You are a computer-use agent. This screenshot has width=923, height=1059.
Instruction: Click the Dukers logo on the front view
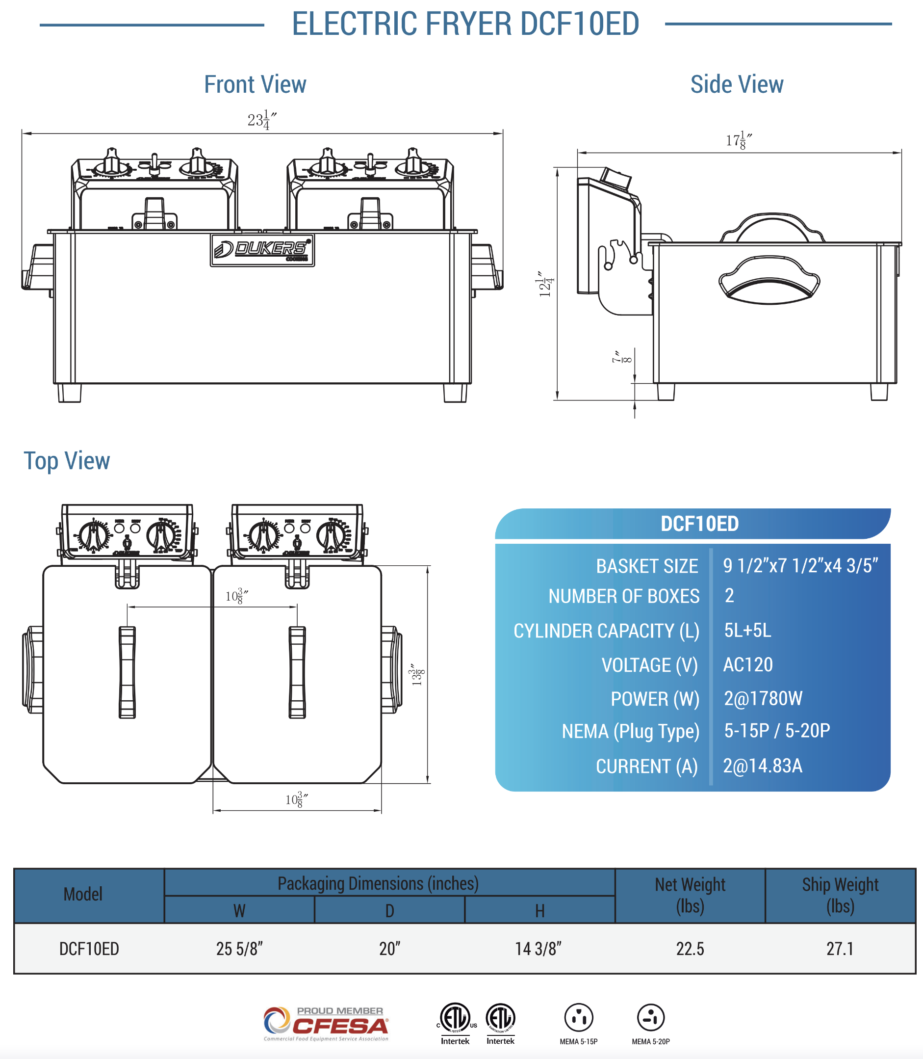coord(262,250)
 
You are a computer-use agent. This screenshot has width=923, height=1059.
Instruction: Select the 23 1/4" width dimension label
coord(262,120)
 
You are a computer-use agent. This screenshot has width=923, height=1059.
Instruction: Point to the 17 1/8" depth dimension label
coord(739,140)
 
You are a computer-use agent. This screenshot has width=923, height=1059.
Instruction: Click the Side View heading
coord(737,84)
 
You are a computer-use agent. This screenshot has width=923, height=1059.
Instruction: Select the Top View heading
coord(67,461)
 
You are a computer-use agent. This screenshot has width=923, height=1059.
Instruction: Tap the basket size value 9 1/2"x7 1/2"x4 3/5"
coord(800,565)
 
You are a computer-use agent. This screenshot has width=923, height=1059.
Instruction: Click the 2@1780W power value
coord(763,698)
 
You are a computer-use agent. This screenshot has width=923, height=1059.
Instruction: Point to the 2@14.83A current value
coord(762,766)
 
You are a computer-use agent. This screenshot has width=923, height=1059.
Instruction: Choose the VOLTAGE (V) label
coord(649,665)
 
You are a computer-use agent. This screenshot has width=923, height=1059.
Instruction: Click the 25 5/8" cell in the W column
coord(239,949)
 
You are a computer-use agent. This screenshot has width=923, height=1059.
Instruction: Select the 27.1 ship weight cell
coord(840,949)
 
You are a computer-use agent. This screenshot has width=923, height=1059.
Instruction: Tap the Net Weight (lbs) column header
coord(690,895)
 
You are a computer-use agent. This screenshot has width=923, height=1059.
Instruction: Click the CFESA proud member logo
coord(326,1024)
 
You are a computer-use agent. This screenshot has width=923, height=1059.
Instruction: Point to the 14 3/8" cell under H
coord(538,949)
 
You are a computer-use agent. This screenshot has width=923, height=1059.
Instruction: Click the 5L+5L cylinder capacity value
coord(747,630)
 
